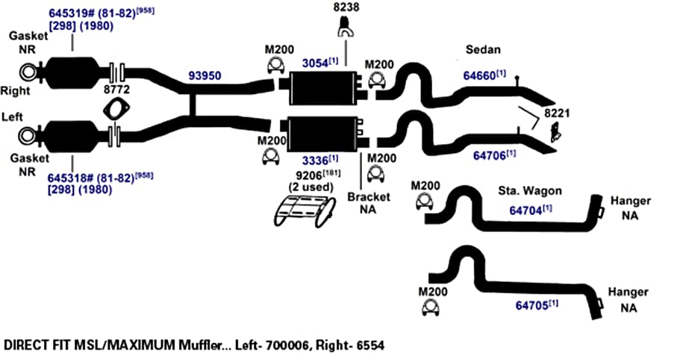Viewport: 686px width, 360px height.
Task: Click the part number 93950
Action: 205,75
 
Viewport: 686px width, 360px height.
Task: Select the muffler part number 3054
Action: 315,63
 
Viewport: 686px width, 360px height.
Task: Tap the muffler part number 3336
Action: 315,159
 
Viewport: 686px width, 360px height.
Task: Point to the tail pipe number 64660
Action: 479,75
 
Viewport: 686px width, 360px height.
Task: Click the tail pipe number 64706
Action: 489,155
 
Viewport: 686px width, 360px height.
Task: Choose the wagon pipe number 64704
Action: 526,211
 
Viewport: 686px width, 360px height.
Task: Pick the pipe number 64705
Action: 531,305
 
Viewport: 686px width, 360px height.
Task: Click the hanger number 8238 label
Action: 346,7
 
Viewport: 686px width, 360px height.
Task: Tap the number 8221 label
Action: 557,113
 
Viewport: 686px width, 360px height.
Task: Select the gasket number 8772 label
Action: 116,90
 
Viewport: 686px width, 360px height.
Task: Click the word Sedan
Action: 483,49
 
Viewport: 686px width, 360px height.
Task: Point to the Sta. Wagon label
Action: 530,191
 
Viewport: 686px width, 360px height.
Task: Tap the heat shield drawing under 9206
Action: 305,211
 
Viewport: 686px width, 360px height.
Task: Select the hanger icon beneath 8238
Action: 346,27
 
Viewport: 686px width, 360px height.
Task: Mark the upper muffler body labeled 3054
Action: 323,88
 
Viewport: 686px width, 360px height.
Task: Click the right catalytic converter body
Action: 72,72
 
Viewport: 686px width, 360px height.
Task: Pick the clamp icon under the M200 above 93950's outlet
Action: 276,65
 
